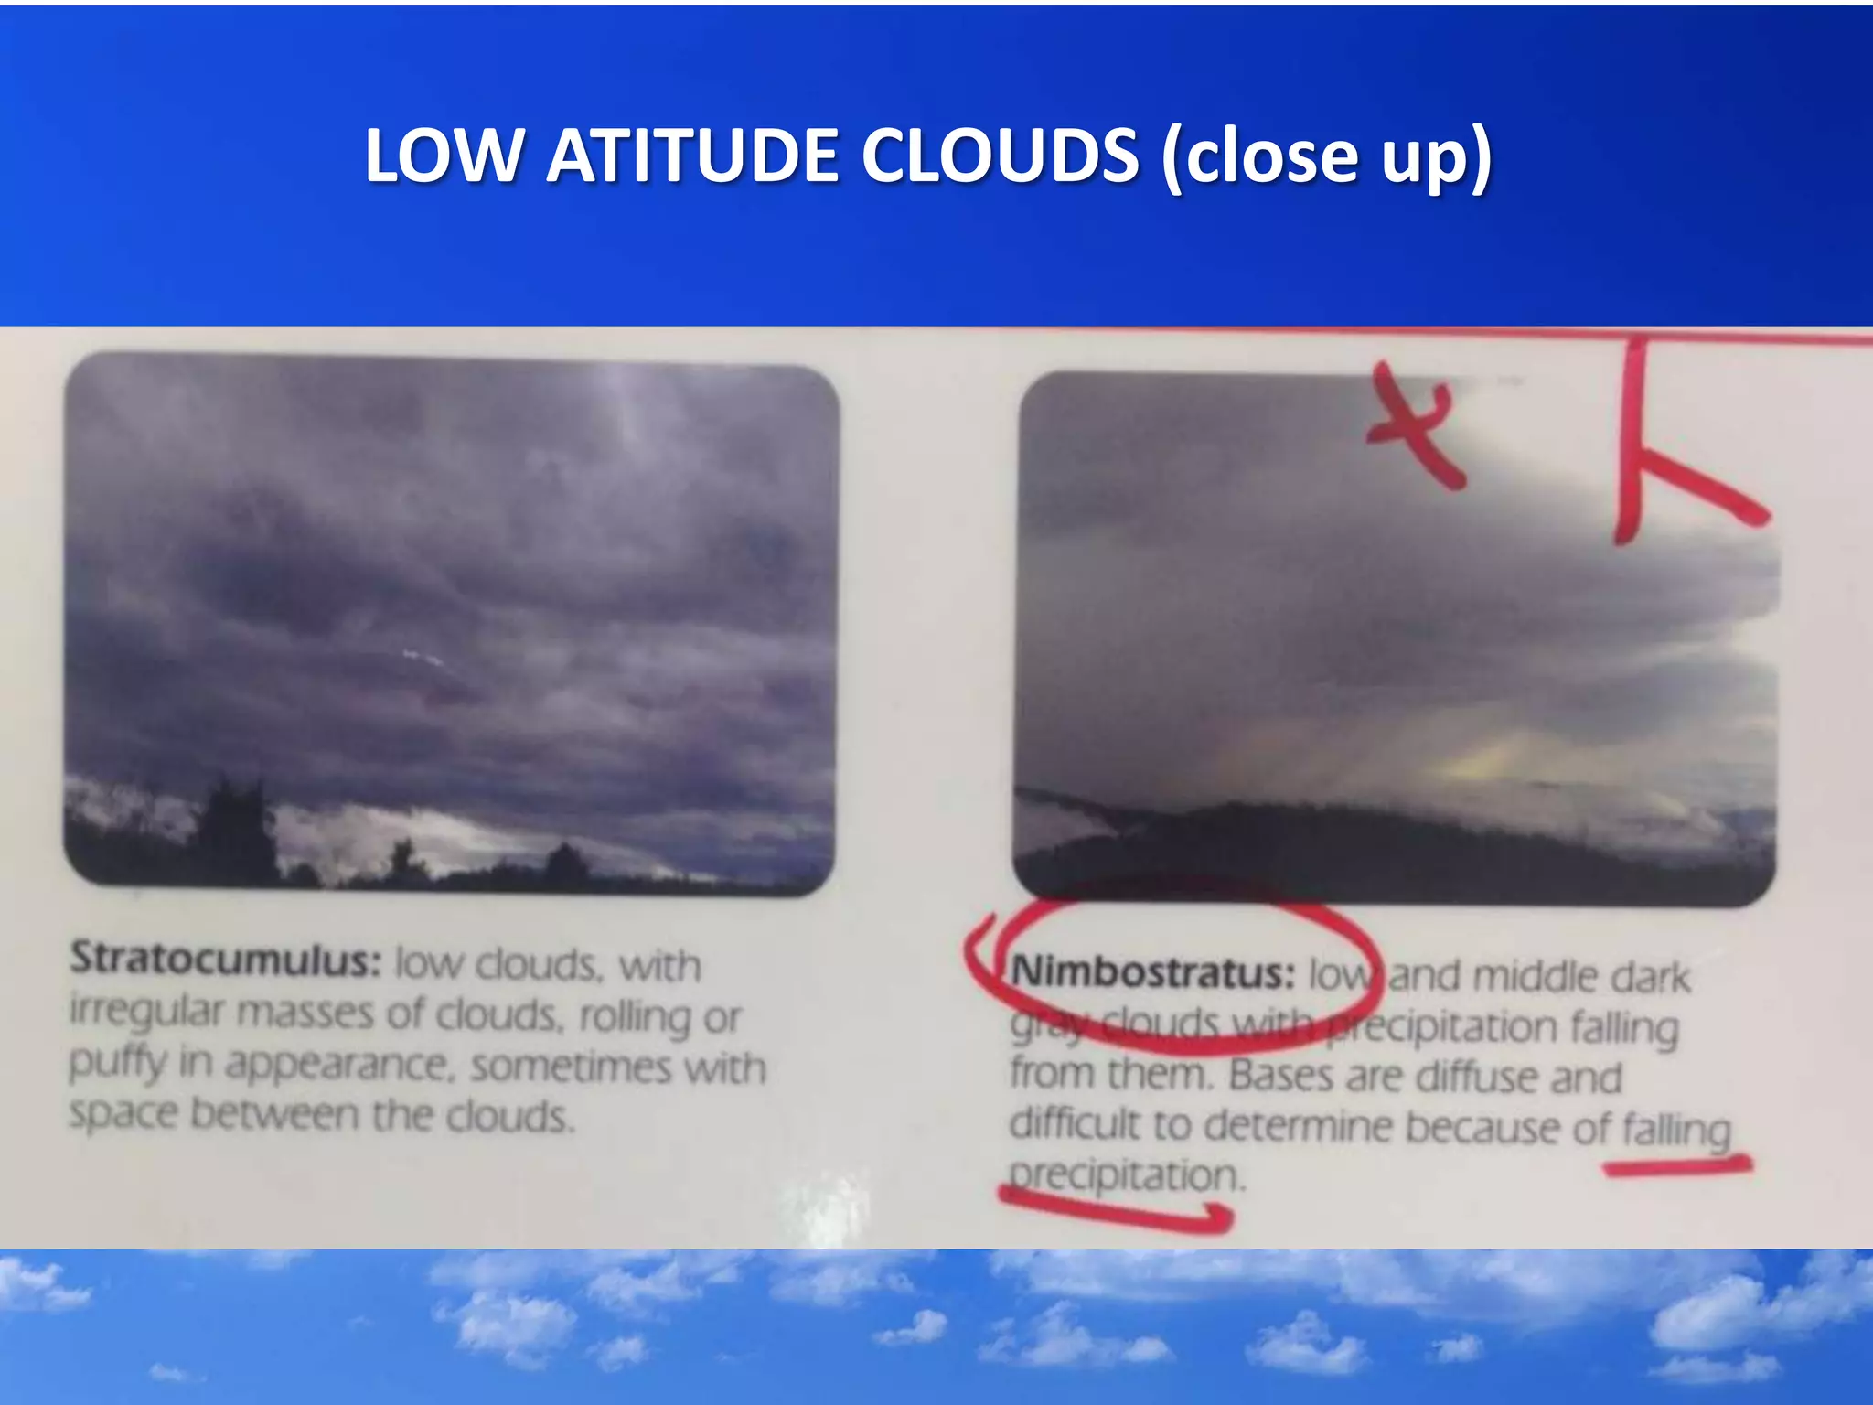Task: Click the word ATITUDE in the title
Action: [692, 156]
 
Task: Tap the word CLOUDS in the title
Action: [1000, 156]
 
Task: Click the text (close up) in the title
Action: [1326, 157]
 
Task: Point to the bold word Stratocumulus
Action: [225, 960]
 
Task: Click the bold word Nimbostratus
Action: [1152, 972]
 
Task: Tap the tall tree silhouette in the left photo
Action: [237, 828]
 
